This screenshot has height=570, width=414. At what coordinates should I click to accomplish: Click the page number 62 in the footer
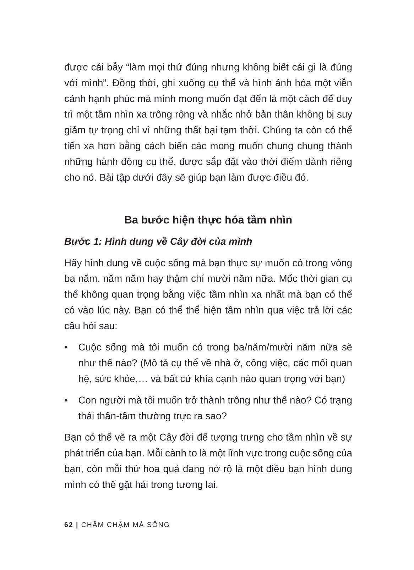(x=68, y=525)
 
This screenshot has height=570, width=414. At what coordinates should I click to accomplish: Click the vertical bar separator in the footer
(x=77, y=525)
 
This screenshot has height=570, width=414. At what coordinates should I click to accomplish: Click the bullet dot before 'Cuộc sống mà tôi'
(x=66, y=347)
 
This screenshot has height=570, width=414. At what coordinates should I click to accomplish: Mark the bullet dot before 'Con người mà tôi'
(x=66, y=400)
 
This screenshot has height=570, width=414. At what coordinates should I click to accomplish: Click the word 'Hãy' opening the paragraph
(x=73, y=263)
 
